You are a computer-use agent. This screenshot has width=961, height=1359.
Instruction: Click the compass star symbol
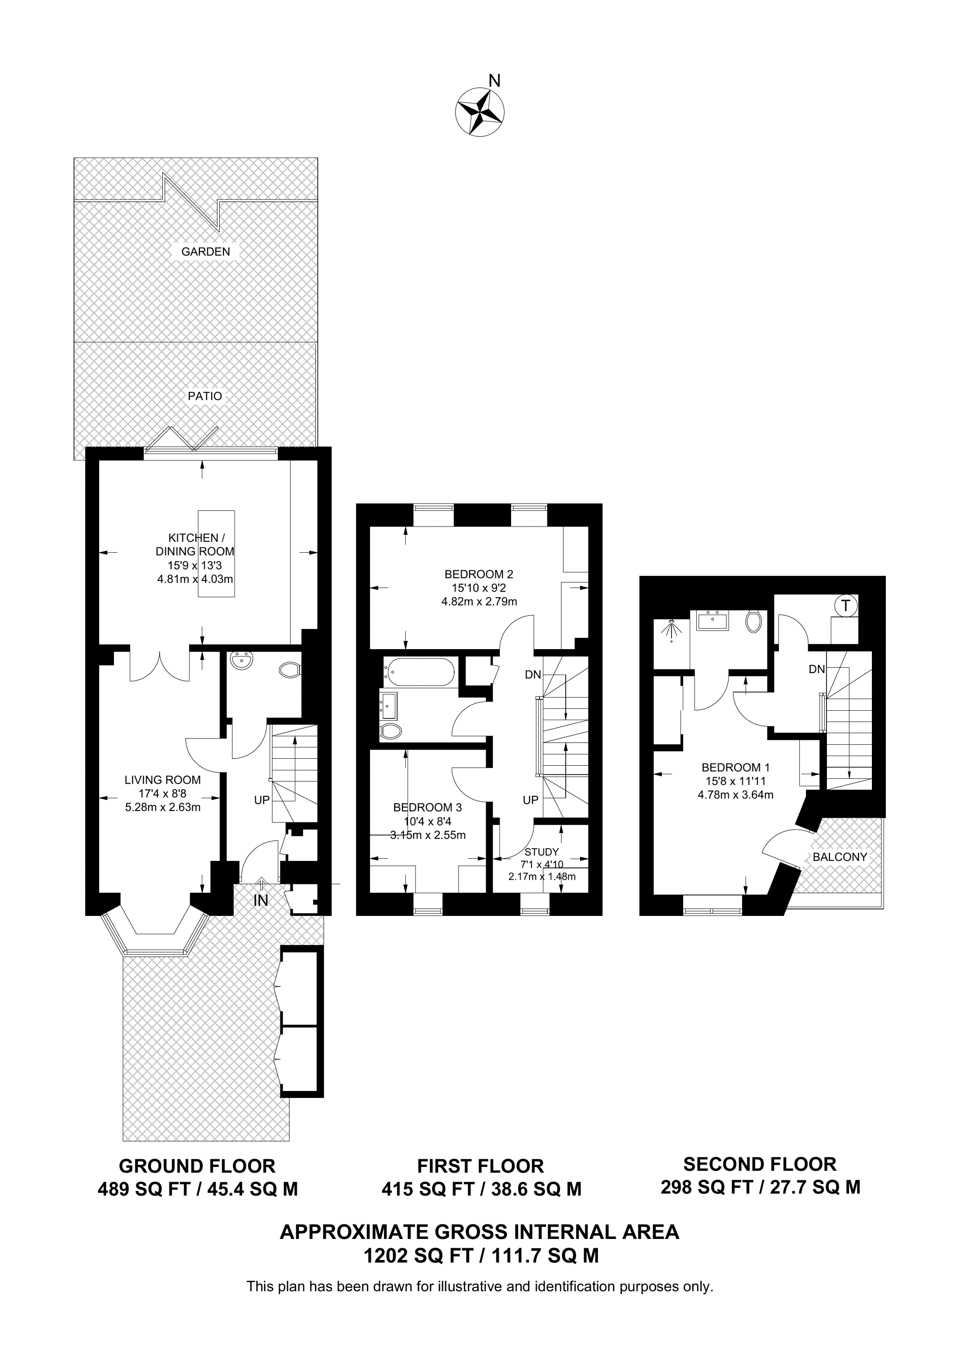pyautogui.click(x=480, y=111)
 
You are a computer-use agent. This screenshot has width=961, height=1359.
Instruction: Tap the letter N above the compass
pyautogui.click(x=494, y=80)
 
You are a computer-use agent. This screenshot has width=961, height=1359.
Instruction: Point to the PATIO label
pyautogui.click(x=205, y=396)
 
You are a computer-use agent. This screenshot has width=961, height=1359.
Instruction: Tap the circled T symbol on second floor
pyautogui.click(x=846, y=606)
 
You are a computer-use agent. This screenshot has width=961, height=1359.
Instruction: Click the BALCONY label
pyautogui.click(x=840, y=857)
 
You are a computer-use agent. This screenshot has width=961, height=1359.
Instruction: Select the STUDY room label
pyautogui.click(x=542, y=852)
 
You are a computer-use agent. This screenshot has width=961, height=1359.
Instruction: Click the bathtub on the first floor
pyautogui.click(x=419, y=672)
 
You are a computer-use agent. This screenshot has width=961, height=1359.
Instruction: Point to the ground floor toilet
pyautogui.click(x=290, y=671)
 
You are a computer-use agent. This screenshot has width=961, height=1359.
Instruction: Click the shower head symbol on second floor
pyautogui.click(x=671, y=630)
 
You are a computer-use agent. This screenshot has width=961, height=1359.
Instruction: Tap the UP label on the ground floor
pyautogui.click(x=262, y=800)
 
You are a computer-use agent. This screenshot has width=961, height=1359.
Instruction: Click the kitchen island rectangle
pyautogui.click(x=217, y=554)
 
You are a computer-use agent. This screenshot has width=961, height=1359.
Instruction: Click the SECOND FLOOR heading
pyautogui.click(x=760, y=1164)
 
